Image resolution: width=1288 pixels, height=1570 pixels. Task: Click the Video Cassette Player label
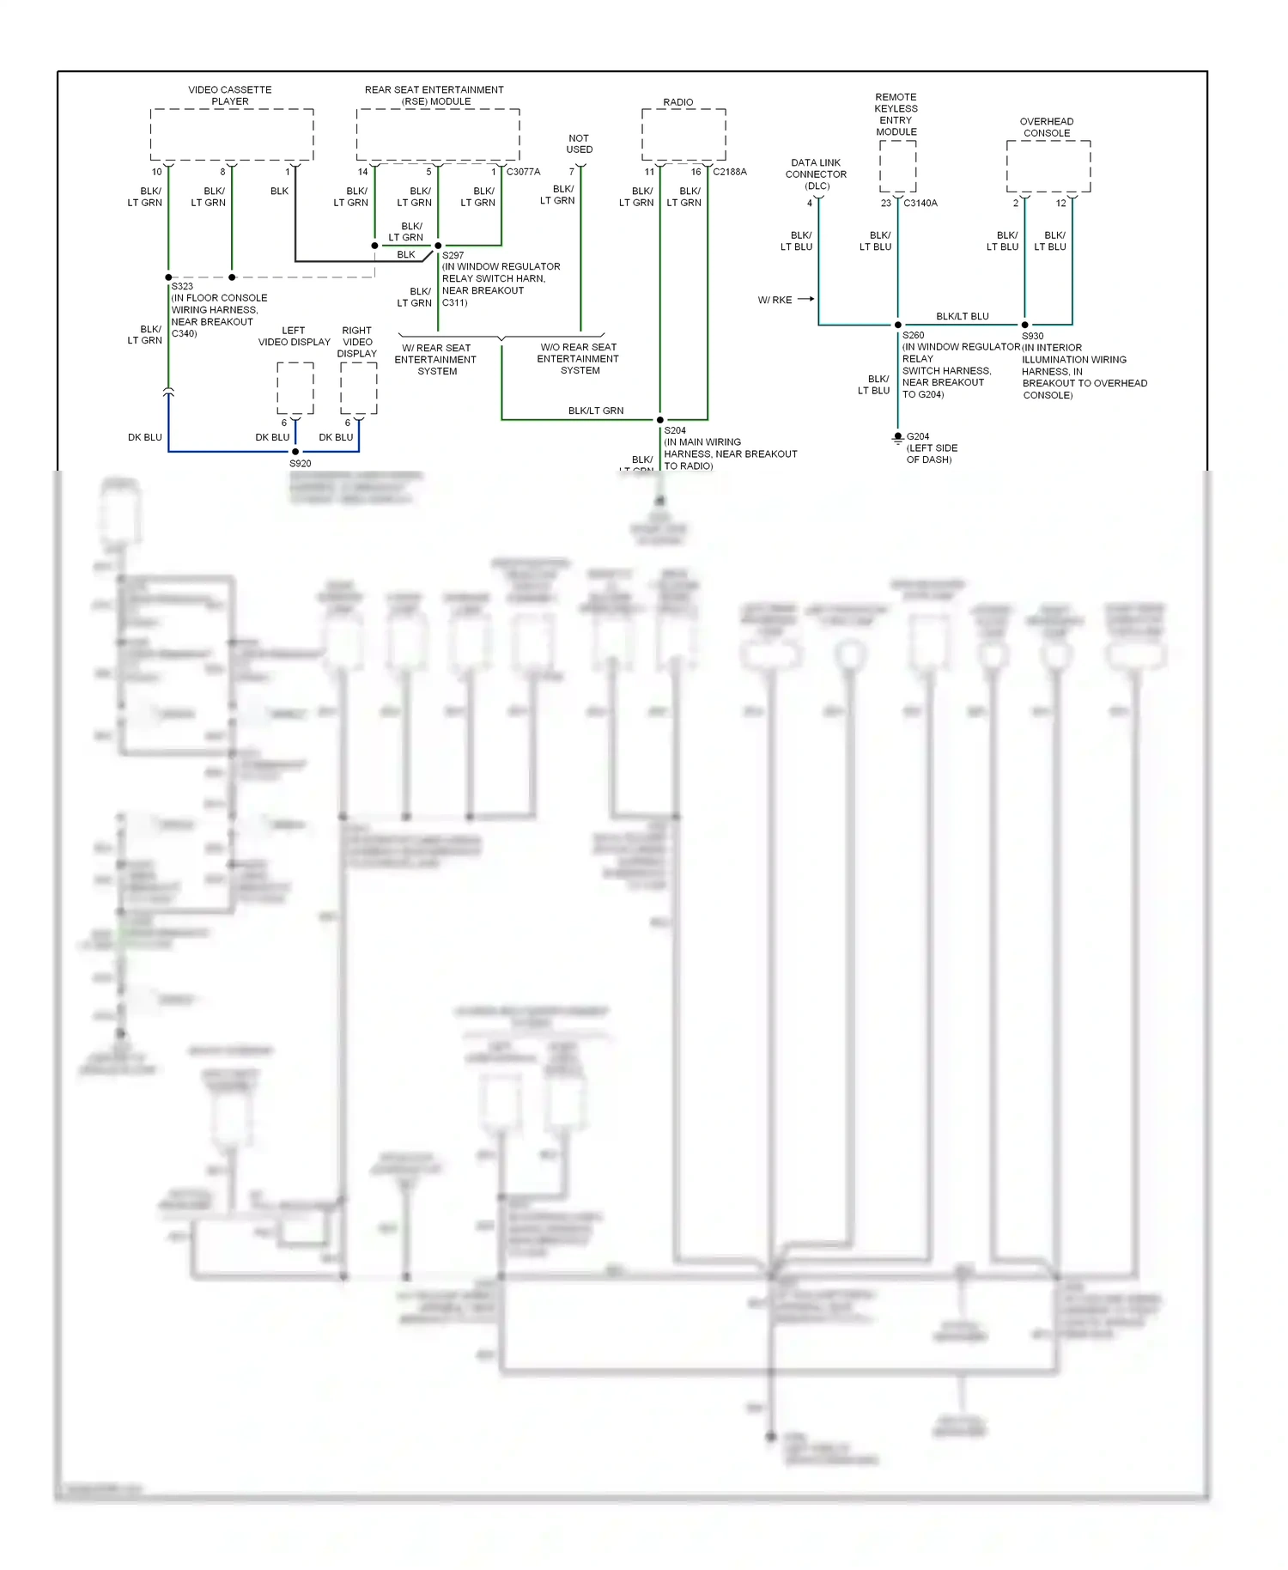[x=230, y=95]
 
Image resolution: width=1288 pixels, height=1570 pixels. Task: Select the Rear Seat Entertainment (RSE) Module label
[x=434, y=95]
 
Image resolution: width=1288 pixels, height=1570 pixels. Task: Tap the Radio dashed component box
[x=683, y=134]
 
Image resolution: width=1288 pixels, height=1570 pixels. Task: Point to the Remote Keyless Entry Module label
[x=896, y=114]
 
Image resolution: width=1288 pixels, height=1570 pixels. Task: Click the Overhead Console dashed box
[x=1048, y=167]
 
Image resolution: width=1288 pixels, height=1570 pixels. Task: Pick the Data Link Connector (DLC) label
[x=816, y=174]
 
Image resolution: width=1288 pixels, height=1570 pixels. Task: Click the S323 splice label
[x=182, y=286]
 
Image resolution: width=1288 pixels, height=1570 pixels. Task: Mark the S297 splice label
[x=453, y=255]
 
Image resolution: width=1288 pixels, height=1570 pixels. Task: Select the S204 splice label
[x=675, y=430]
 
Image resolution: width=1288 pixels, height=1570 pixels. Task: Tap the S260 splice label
[x=914, y=336]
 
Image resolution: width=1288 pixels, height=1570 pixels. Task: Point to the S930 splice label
[x=1033, y=337]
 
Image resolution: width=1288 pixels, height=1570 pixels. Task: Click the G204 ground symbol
[x=898, y=438]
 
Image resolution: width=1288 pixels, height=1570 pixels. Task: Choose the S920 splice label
[x=301, y=464]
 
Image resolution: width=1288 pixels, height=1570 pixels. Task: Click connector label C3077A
[x=524, y=172]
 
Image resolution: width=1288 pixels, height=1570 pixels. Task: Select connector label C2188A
[x=730, y=172]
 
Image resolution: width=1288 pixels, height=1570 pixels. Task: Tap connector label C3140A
[x=920, y=204]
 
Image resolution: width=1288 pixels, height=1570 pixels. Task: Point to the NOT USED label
[x=580, y=143]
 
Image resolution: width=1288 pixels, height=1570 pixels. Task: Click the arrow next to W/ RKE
[x=805, y=299]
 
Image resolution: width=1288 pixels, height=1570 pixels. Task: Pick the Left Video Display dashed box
[x=295, y=388]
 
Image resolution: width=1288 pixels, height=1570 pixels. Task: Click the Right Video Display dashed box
[x=359, y=388]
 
